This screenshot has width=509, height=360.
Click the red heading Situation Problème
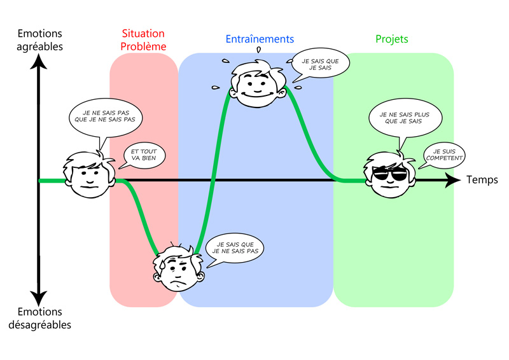point(143,40)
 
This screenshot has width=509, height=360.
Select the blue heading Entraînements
point(260,39)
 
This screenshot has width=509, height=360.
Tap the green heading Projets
point(392,39)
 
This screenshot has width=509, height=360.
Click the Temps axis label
point(482,180)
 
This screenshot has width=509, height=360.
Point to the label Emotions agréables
point(40,39)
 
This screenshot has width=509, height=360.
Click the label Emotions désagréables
point(40,318)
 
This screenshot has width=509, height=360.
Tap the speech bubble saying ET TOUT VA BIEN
point(143,156)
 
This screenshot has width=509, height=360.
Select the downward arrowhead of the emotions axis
point(39,297)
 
